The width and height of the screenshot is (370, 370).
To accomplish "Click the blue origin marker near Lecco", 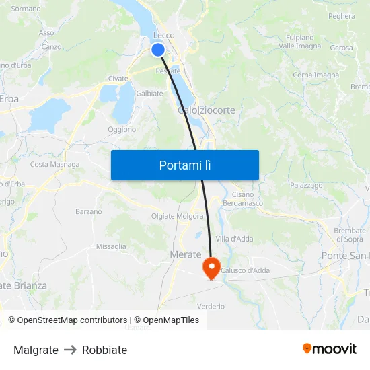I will point(158,50).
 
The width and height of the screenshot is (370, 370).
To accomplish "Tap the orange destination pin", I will point(211,267).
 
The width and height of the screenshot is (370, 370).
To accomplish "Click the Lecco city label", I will point(164,35).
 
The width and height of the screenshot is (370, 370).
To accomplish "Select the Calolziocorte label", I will point(207,110).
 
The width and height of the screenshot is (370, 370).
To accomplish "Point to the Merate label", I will point(186,254).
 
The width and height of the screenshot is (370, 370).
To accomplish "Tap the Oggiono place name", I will point(122,129).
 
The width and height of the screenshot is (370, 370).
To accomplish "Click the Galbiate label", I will point(149,94).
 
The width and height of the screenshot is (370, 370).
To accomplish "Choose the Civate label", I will point(118,79).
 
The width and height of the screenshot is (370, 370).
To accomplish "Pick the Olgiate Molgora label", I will point(178,216).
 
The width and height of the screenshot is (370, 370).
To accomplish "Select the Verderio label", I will point(212,306).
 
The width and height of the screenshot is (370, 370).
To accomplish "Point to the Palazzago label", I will point(306,185).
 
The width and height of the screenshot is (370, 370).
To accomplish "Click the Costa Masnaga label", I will point(54,164).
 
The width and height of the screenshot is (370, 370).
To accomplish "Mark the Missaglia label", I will point(111,246).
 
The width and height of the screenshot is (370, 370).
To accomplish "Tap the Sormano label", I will point(26,9).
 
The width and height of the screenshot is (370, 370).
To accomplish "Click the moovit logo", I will point(330,348).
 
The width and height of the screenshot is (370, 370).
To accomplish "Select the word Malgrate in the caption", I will point(36,350).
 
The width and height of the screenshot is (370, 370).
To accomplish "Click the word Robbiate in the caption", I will point(104,350).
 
